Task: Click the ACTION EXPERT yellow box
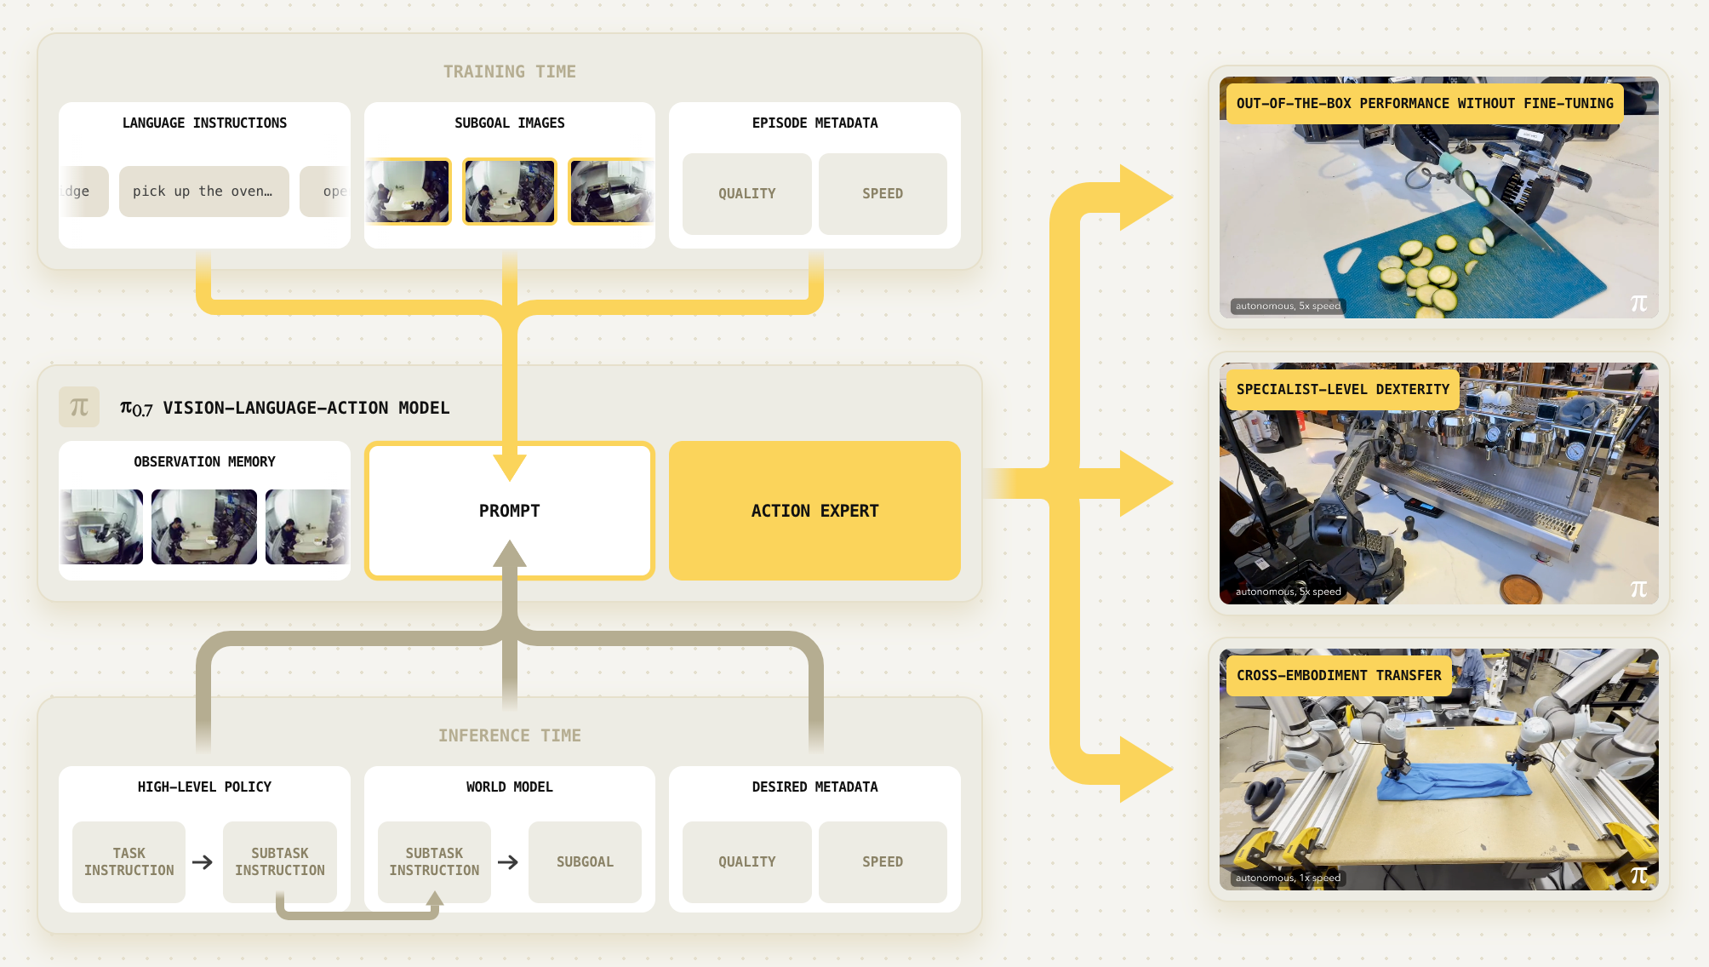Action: (x=814, y=511)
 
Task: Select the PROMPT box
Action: (x=509, y=511)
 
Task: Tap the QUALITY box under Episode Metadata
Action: (x=746, y=194)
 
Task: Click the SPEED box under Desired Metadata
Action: (x=882, y=861)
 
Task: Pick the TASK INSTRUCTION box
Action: (x=129, y=861)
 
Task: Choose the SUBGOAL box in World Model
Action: (x=585, y=861)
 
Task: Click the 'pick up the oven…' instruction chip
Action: (x=203, y=192)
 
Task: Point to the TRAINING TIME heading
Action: (x=509, y=72)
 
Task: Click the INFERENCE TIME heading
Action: (x=509, y=735)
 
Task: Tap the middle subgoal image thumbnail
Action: (x=509, y=192)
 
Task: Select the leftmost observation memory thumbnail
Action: (x=102, y=527)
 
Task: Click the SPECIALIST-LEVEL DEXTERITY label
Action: (x=1342, y=389)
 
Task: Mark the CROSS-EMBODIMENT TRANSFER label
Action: (x=1339, y=675)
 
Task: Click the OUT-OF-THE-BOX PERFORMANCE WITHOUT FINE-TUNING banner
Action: (x=1424, y=103)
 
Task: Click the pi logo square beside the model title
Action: (x=79, y=407)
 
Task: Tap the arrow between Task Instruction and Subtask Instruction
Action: (x=203, y=862)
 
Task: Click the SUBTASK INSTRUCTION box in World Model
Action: (x=434, y=861)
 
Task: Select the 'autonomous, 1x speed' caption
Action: (x=1288, y=878)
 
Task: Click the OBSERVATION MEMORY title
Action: (x=204, y=461)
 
